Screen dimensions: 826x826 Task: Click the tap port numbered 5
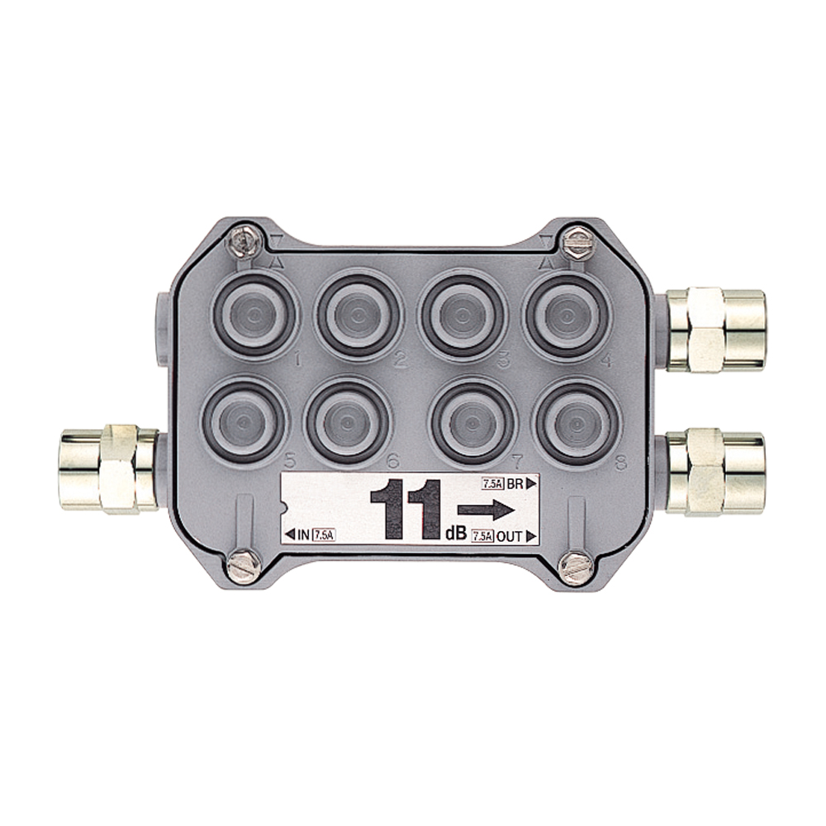click(x=244, y=422)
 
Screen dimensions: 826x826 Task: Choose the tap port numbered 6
click(x=348, y=422)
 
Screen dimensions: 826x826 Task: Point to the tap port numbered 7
click(x=472, y=422)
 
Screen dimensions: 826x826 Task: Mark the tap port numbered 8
click(x=577, y=422)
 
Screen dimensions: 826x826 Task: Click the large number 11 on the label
click(x=406, y=509)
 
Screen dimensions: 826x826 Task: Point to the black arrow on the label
click(x=485, y=510)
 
